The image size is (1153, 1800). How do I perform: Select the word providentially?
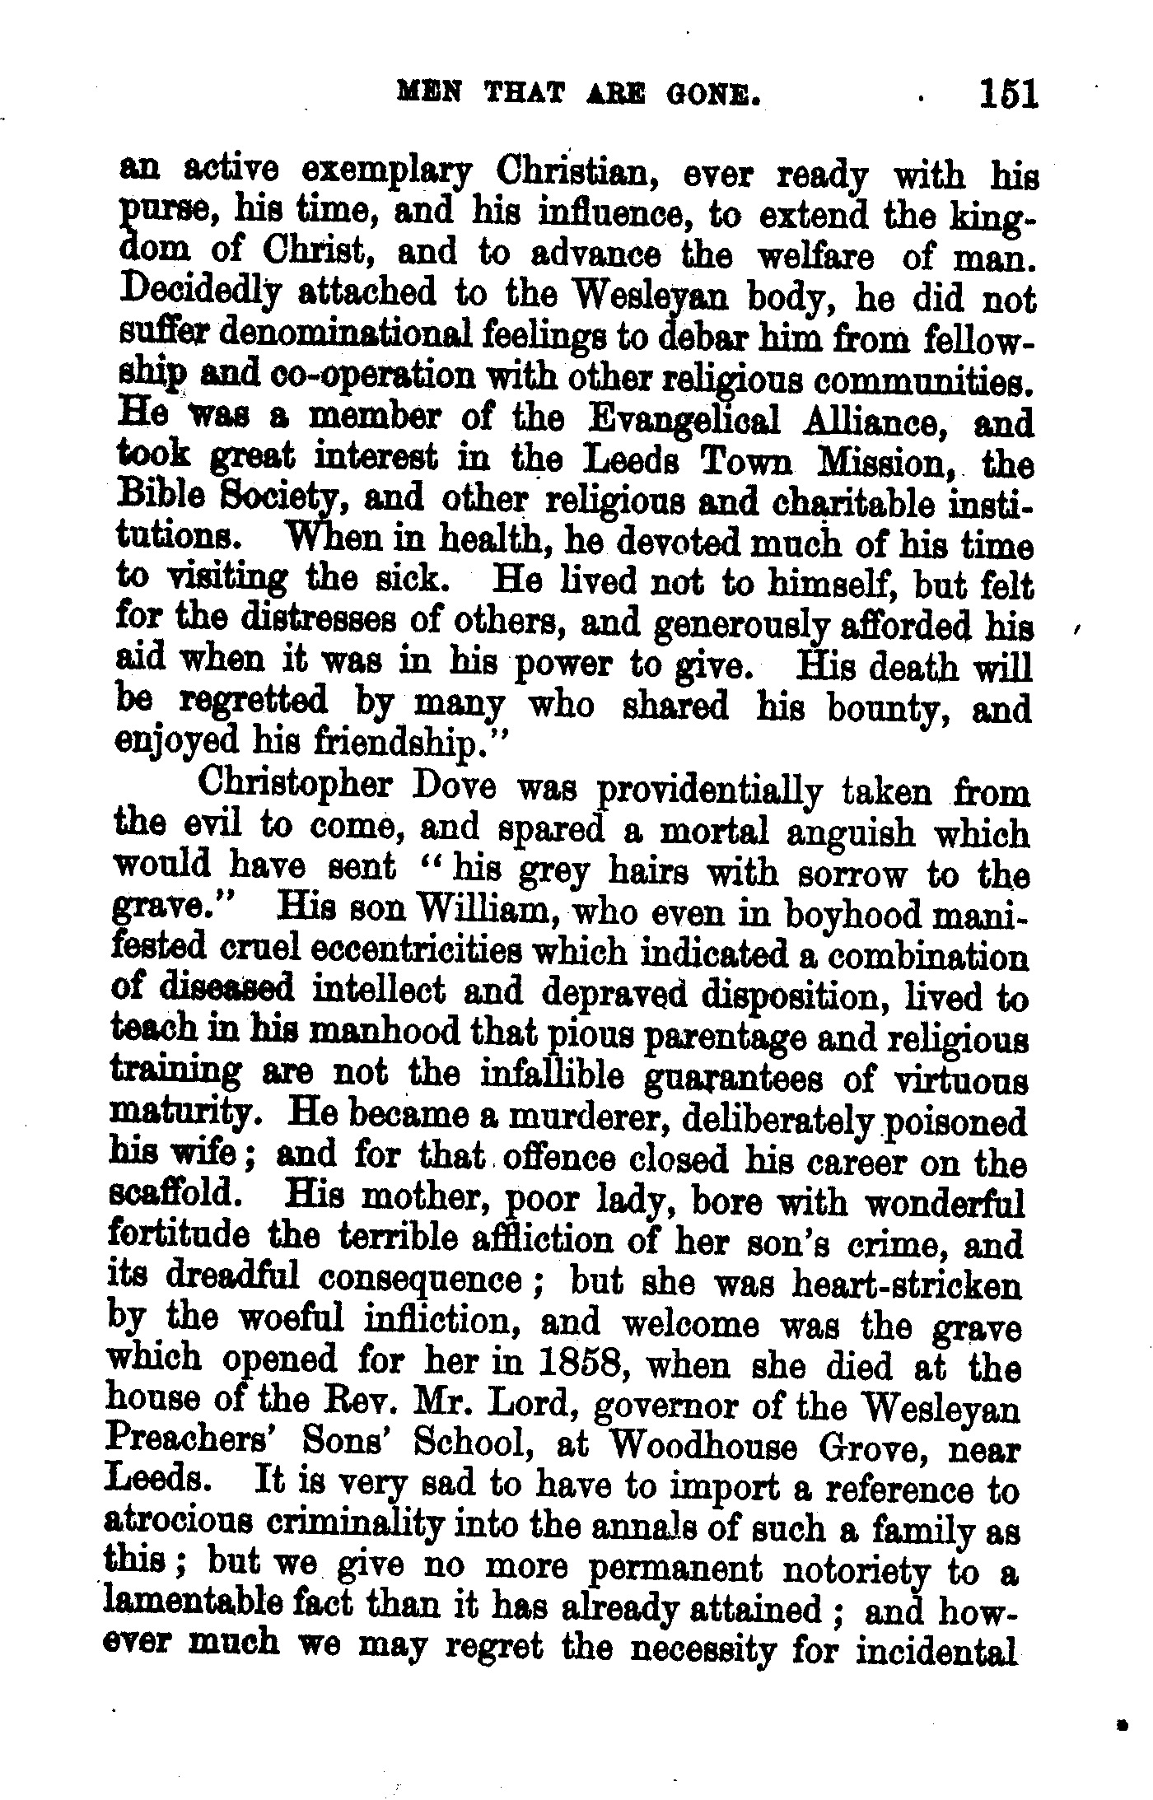(x=707, y=792)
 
